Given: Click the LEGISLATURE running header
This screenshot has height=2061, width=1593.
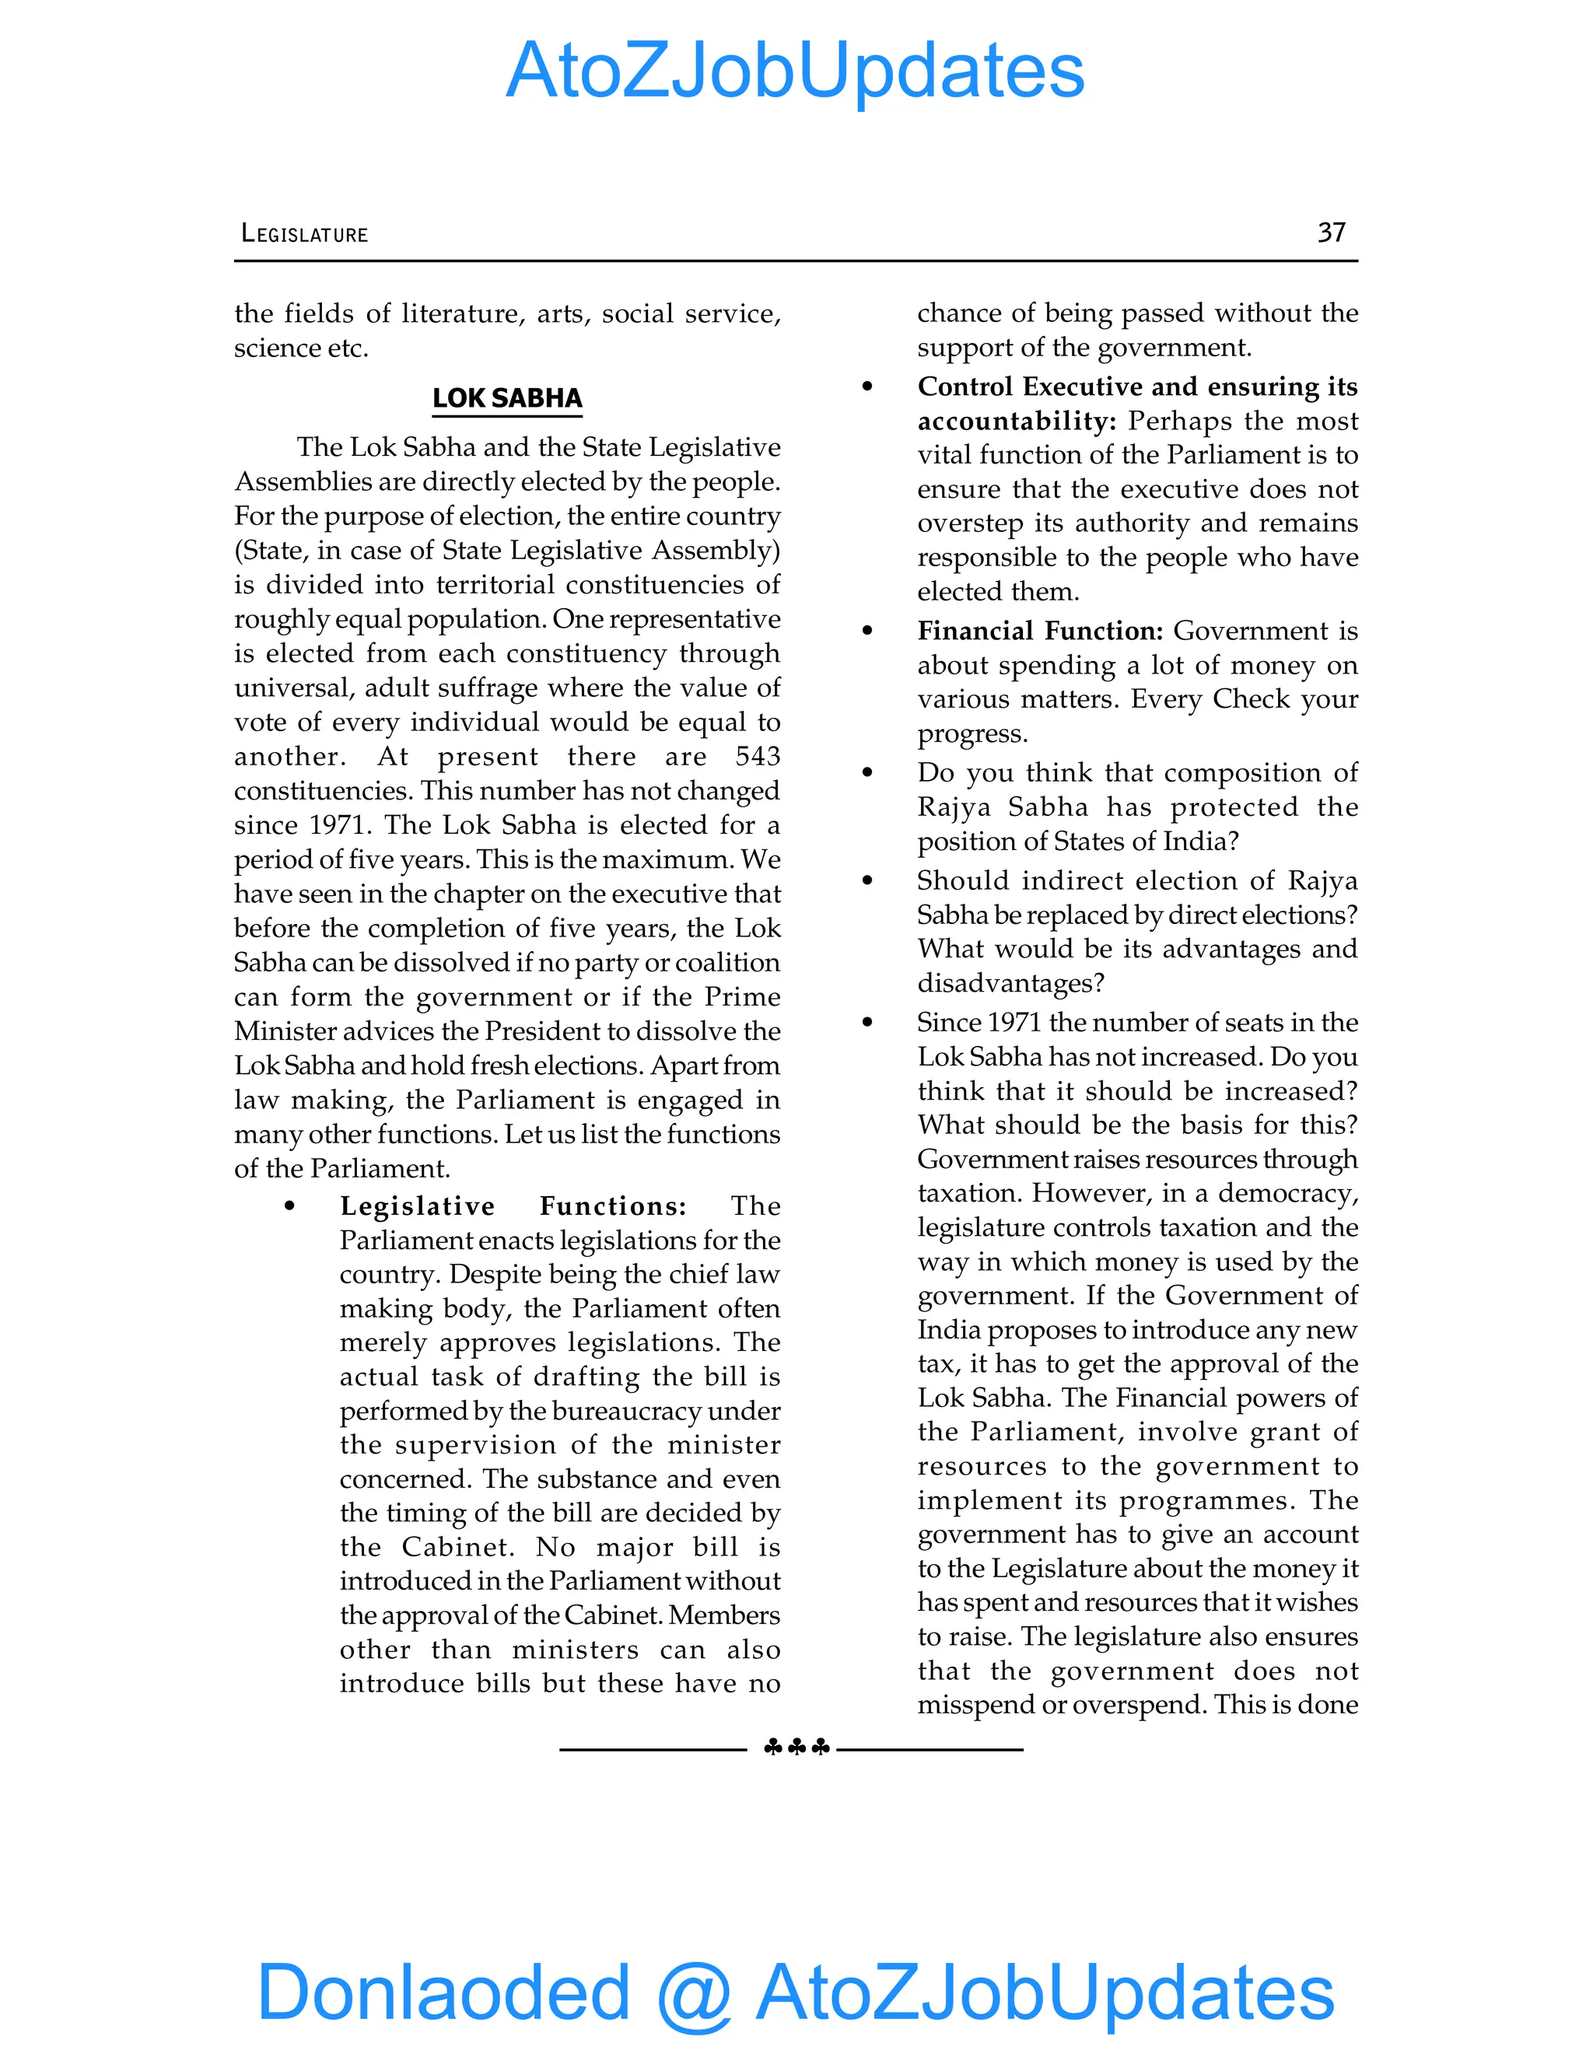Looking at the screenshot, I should [x=305, y=234].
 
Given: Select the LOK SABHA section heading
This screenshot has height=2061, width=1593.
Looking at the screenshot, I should [x=507, y=398].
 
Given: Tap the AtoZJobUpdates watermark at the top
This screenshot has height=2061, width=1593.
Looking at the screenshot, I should [x=795, y=71].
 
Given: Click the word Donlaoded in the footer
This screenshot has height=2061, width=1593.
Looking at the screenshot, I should [x=443, y=1991].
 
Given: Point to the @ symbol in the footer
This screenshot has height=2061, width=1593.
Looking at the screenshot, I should [x=694, y=1993].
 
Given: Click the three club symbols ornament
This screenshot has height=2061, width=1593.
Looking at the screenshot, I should [x=796, y=1748].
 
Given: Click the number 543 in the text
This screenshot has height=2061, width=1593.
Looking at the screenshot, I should [x=758, y=756].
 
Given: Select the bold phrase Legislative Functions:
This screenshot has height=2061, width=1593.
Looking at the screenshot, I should [x=513, y=1206].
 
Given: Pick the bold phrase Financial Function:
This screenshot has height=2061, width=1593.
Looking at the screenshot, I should [x=1040, y=631].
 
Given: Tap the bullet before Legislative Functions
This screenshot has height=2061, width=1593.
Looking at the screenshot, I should [x=289, y=1207].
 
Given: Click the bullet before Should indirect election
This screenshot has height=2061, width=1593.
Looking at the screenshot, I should [x=867, y=881].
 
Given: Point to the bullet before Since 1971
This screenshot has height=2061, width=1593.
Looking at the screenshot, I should [x=867, y=1023].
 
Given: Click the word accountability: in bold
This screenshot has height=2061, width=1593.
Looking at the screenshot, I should [x=1017, y=421].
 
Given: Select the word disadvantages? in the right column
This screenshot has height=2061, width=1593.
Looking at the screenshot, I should [x=1010, y=983].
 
